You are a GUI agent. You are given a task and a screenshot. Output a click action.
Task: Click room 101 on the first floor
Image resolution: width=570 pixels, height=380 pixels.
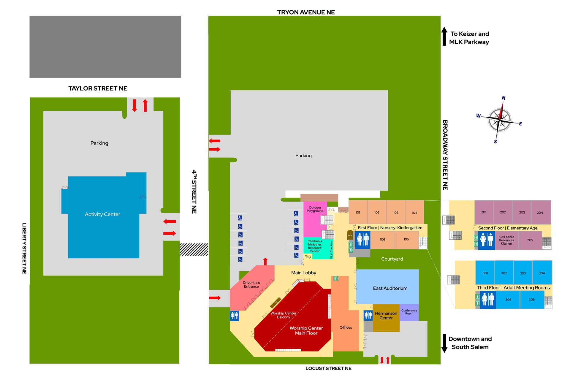358,213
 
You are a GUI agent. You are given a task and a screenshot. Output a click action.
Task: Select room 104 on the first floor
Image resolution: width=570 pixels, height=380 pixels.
414,213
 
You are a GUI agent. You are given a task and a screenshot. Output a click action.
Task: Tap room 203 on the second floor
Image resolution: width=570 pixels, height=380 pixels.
522,212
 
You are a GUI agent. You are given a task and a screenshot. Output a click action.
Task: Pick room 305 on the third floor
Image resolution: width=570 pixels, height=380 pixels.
532,300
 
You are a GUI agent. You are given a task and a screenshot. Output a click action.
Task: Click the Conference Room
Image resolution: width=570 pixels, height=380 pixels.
409,312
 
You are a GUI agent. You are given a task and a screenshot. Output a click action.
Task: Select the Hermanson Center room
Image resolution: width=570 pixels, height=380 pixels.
386,316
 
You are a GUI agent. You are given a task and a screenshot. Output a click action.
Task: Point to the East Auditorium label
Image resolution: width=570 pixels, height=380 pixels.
390,288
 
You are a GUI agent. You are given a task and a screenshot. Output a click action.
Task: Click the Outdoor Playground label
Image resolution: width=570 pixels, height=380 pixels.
315,209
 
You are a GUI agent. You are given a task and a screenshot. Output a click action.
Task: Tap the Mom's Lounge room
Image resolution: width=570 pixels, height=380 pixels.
308,256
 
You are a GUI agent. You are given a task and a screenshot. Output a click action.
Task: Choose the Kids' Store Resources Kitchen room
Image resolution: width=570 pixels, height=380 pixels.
506,240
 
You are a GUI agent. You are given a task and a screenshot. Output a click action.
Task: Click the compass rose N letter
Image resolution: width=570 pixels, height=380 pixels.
503,98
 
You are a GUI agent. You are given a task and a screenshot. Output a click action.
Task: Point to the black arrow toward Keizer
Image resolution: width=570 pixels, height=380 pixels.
444,36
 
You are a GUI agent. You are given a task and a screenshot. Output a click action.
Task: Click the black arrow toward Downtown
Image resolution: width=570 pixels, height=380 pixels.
444,343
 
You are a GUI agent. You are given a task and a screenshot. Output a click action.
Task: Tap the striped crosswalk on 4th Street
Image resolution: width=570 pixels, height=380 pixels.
194,249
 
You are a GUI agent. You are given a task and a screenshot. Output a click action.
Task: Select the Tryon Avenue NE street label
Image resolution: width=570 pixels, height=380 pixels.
306,12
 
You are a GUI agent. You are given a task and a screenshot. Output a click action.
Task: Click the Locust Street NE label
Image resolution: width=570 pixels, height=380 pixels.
328,368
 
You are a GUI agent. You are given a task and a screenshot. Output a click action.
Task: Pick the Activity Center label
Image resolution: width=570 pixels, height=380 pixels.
102,214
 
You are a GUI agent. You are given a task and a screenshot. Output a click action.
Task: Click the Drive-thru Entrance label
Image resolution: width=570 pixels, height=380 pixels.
251,284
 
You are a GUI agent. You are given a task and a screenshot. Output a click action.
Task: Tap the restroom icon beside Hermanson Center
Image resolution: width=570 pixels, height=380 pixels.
368,315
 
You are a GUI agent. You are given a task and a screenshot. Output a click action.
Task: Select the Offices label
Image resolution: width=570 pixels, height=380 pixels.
346,327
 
